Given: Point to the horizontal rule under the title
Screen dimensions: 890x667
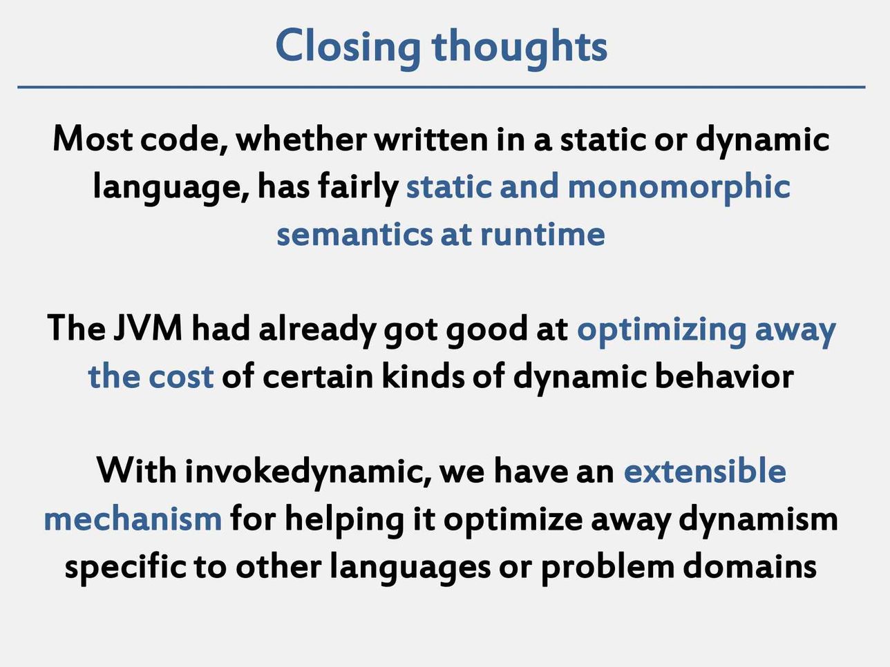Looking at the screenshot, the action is pos(442,87).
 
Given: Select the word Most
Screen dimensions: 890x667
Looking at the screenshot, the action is pos(93,139).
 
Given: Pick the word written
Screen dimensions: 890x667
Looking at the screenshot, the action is pos(431,139).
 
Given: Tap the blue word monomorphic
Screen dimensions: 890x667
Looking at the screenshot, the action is pos(679,188).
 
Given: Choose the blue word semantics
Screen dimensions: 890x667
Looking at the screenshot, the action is pos(354,235).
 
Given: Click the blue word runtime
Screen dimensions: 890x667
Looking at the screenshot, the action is pos(542,234).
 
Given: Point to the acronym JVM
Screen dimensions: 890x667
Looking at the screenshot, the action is pos(148,329).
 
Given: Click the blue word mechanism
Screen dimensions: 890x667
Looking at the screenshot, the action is pos(133,519).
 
